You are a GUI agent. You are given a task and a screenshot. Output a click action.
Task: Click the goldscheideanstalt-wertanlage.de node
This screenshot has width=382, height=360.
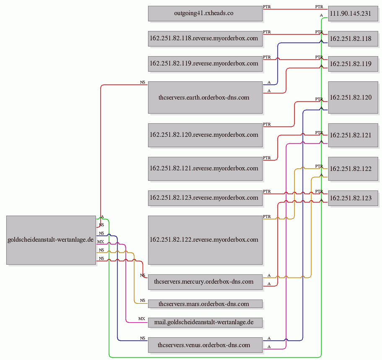[51, 240]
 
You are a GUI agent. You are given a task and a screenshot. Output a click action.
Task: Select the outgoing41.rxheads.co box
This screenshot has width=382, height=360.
[205, 14]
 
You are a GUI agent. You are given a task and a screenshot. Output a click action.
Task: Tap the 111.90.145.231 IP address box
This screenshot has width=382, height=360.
[353, 14]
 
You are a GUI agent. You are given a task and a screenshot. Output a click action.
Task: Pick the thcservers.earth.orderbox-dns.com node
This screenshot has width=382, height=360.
[205, 97]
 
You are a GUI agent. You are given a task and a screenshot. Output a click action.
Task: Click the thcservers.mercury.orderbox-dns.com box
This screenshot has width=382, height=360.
[205, 282]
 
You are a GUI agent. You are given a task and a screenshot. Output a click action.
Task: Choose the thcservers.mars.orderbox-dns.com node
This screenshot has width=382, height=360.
[205, 304]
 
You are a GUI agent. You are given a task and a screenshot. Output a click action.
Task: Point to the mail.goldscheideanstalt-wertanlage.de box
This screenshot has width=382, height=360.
[205, 323]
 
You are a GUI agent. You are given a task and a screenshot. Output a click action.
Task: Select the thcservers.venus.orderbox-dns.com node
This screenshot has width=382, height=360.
[205, 345]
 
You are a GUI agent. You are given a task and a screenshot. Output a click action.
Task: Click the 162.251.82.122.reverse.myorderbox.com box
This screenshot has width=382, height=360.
[205, 240]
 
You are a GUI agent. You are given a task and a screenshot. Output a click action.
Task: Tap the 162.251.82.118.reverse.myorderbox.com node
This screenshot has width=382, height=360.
[205, 39]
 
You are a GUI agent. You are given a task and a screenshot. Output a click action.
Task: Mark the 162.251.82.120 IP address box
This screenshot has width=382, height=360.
[353, 97]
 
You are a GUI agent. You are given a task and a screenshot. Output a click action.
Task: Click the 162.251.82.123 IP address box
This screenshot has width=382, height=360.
[353, 198]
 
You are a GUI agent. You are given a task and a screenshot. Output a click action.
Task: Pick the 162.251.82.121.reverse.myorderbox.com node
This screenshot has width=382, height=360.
[205, 169]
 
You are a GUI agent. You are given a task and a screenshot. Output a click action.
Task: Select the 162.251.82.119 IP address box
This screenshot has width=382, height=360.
[353, 64]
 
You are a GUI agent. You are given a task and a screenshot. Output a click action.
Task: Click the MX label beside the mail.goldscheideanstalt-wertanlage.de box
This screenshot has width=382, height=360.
[142, 319]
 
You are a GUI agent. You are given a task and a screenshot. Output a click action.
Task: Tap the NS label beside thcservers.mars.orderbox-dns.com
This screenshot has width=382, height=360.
[143, 300]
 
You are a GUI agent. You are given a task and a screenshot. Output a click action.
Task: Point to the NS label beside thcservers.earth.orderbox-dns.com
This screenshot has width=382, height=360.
[143, 82]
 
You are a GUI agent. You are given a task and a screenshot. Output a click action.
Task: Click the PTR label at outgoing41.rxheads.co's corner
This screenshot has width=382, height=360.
[267, 7]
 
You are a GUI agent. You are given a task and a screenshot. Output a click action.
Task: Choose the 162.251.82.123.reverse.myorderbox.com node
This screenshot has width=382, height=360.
[205, 198]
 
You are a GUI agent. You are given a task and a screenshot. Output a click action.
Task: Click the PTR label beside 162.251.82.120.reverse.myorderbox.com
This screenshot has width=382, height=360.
[267, 124]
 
